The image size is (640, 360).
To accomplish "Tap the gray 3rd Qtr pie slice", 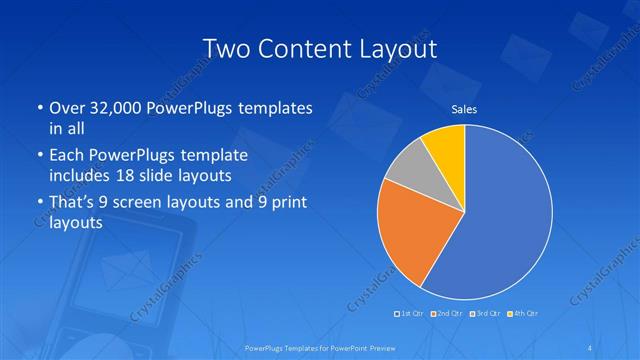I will (406, 169).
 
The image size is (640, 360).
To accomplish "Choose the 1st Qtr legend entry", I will (410, 314).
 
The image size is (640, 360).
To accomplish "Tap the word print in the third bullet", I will (290, 205).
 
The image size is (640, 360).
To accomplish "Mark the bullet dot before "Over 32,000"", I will (37, 108).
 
